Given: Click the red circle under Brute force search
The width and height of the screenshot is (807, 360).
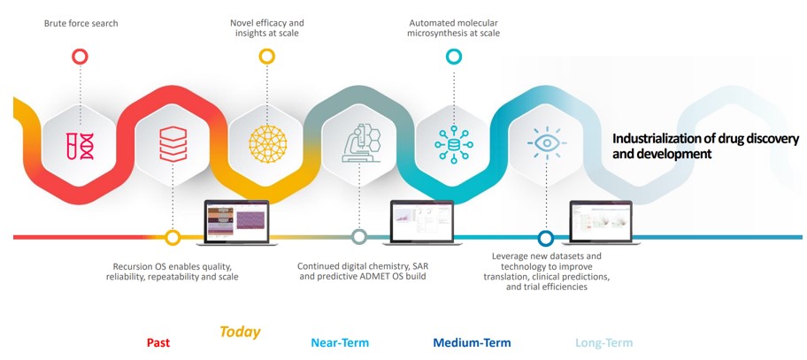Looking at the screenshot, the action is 80,57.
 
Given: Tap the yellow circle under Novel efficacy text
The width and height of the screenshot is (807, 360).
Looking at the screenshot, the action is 266,57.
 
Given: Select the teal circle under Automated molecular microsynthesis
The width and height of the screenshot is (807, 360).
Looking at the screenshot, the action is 453,57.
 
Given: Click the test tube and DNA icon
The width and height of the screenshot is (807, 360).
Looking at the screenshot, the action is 80,145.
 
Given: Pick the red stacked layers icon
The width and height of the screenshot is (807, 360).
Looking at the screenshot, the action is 173,144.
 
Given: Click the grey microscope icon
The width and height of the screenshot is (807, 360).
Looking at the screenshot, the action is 361,143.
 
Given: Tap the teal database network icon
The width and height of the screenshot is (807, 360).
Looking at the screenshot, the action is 453,144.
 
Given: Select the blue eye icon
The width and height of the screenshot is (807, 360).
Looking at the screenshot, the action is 547,142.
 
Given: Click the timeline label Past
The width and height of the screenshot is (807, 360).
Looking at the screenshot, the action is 158,342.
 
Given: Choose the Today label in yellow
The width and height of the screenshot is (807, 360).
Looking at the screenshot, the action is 240,333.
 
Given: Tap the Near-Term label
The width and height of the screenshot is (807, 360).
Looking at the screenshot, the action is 340,342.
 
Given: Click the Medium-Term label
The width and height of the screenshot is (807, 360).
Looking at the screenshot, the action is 472,342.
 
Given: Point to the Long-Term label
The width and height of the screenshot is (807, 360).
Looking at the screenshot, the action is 603,342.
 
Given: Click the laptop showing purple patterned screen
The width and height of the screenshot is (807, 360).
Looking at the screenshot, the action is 237,223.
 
